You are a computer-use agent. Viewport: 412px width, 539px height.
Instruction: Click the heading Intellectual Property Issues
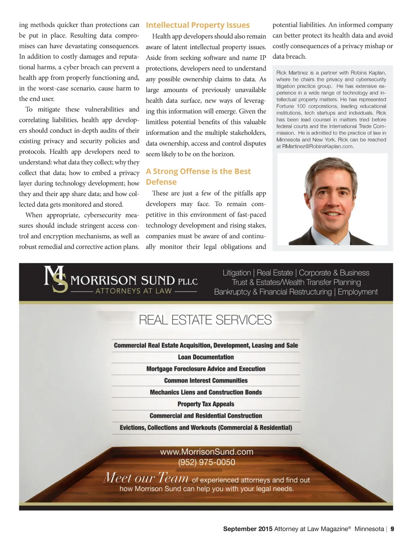198,25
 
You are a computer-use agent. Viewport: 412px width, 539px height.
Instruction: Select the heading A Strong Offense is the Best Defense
198,176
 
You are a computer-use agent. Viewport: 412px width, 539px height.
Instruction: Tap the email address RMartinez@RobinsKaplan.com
317,147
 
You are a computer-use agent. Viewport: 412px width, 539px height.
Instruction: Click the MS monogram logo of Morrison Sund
56,279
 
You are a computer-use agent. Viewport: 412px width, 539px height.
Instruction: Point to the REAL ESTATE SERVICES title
205,320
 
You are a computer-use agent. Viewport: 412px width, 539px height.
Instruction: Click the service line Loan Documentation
206,357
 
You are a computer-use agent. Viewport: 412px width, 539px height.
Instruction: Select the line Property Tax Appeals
206,404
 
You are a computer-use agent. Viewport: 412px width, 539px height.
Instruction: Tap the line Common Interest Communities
206,380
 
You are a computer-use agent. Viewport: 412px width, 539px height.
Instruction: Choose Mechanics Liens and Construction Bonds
206,392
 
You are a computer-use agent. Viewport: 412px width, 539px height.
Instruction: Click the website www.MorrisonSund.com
206,452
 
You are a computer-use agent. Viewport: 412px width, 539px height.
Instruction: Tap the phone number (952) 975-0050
206,463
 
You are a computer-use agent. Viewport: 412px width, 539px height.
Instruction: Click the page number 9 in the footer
392,529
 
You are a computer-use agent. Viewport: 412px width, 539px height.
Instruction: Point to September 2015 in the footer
247,529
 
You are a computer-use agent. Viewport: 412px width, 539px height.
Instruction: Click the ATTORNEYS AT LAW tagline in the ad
134,291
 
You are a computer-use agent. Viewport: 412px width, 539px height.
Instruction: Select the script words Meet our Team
146,478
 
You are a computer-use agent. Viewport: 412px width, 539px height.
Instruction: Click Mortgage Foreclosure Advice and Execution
206,369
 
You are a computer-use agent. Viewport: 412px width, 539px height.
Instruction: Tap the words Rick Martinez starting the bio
292,73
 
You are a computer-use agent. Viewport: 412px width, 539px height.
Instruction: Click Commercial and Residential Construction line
206,416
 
